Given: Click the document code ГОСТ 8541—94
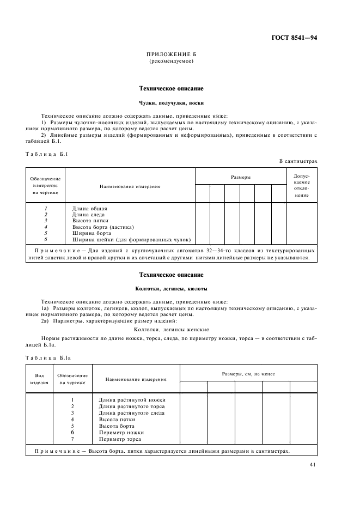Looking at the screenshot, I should [x=295, y=38].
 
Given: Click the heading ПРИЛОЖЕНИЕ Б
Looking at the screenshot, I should [x=172, y=56].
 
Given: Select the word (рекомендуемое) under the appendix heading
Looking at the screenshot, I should [x=172, y=62].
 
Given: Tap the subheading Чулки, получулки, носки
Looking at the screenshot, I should [x=172, y=102].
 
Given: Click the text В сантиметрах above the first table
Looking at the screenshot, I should [x=297, y=161].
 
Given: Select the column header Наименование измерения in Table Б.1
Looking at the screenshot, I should [x=130, y=186].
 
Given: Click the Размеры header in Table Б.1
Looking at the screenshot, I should [x=241, y=177].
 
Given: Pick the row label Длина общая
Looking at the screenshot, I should [x=90, y=209].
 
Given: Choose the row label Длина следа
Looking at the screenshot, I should [x=90, y=215].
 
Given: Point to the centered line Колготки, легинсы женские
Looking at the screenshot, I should [x=172, y=329].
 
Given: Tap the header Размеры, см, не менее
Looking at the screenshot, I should [x=248, y=374].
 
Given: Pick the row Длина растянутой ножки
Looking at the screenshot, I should [x=132, y=400].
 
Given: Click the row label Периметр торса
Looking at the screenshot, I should [x=120, y=439].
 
